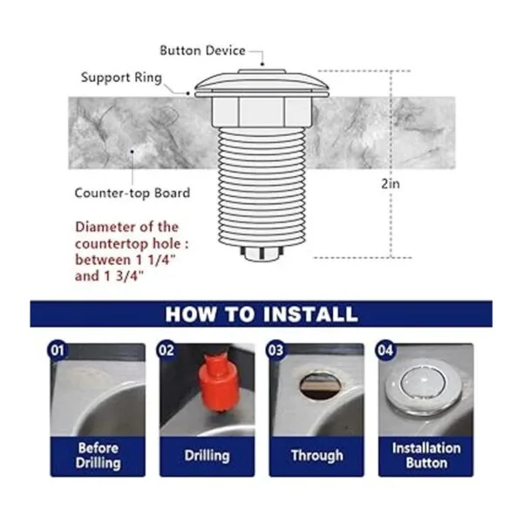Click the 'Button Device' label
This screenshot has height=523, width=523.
point(202,51)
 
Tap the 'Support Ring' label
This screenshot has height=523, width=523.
point(121,78)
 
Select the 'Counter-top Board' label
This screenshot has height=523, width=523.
point(132,194)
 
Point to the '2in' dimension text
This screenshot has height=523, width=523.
point(391,184)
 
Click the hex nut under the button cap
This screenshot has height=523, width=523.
point(261,112)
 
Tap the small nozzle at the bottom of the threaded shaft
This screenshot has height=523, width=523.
point(261,253)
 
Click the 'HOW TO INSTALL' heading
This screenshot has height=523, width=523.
point(261,314)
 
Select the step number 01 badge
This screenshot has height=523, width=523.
point(58,350)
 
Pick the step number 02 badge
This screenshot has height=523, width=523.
point(166,350)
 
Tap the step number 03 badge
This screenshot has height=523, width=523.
point(275,350)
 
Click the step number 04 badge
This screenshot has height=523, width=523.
point(385,350)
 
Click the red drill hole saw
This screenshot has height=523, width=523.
point(218,384)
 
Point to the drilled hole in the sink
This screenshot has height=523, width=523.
point(321,386)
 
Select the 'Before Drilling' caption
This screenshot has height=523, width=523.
point(98,456)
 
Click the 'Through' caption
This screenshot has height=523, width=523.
point(317,456)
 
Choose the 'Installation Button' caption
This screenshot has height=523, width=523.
point(426,456)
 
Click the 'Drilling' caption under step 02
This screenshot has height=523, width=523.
point(207,456)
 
